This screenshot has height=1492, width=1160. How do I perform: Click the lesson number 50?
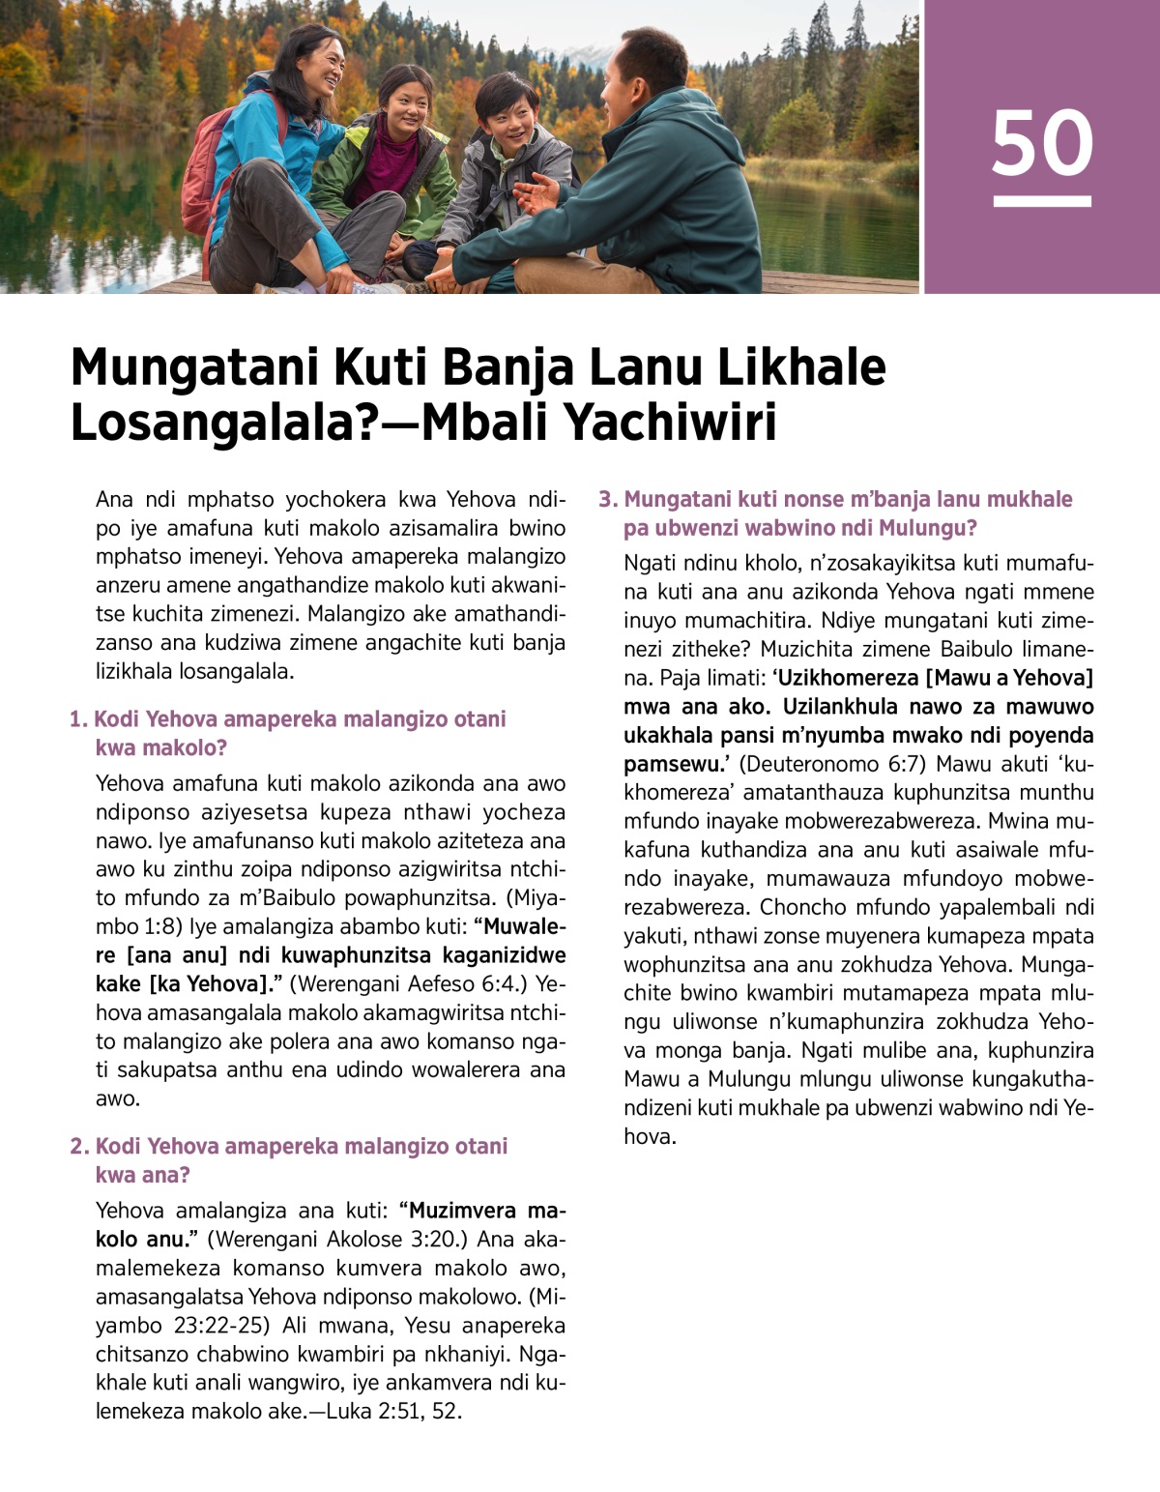(x=1041, y=143)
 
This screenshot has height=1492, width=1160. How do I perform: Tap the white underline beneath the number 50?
(x=1041, y=201)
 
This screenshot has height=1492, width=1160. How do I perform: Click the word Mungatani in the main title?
(x=194, y=367)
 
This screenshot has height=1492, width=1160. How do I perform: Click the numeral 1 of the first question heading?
(x=76, y=719)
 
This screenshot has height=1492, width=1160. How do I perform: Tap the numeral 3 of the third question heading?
(x=606, y=500)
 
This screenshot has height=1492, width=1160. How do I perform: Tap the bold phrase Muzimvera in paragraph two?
(x=468, y=1211)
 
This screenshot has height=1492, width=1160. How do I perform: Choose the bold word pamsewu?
(x=673, y=764)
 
